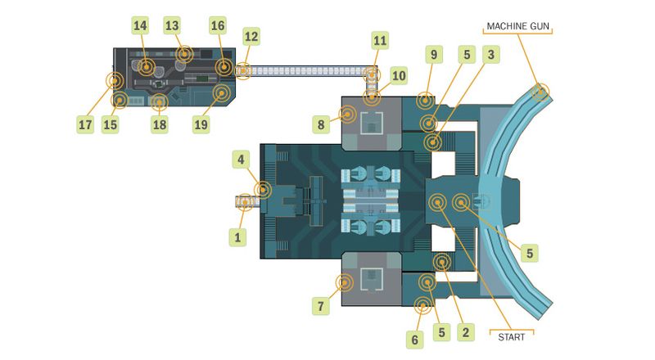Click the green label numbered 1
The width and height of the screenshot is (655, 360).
click(x=237, y=237)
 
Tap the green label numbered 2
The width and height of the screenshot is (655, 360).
click(x=465, y=332)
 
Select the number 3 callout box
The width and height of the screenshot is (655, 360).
click(x=490, y=56)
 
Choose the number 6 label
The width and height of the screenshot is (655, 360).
click(x=414, y=339)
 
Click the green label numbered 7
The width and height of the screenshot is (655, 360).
click(x=320, y=306)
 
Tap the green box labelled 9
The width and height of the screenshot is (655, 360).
click(x=433, y=56)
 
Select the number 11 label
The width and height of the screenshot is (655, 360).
click(x=379, y=40)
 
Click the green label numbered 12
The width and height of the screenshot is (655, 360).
click(x=251, y=37)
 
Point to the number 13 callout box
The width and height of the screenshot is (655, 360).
click(x=171, y=25)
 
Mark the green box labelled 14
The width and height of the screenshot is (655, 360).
click(x=140, y=25)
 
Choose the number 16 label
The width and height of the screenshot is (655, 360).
click(x=217, y=25)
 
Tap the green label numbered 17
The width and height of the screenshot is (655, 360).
click(x=85, y=124)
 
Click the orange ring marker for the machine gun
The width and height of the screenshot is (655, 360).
click(x=540, y=92)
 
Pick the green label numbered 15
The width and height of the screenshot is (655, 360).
click(x=111, y=124)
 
